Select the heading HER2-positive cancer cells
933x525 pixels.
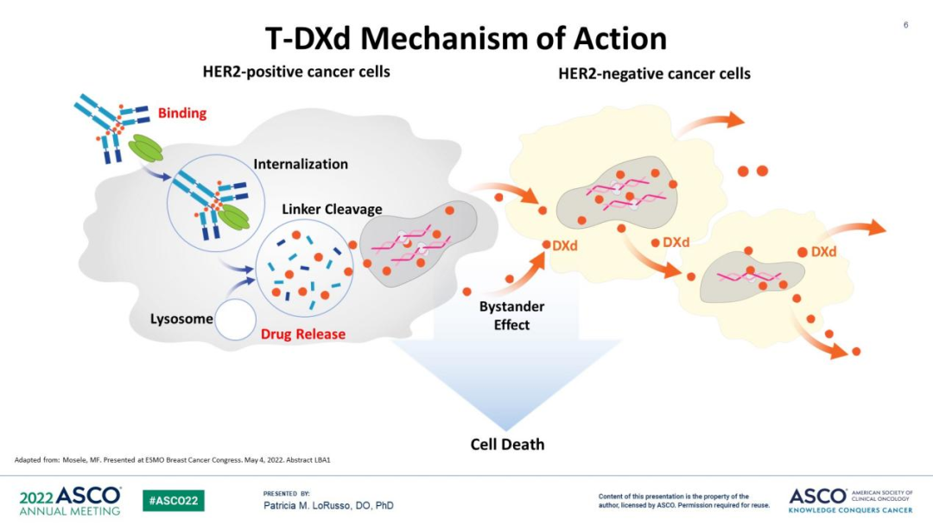tap(296, 72)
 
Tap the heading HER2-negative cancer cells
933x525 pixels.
tap(654, 74)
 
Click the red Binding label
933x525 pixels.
tap(182, 113)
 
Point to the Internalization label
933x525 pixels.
tap(301, 164)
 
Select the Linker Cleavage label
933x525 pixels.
tap(332, 210)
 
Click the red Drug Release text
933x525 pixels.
tap(302, 334)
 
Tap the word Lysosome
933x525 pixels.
tap(181, 319)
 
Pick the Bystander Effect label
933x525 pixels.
tap(512, 316)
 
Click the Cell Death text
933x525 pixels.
tap(507, 445)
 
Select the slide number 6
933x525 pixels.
tap(905, 25)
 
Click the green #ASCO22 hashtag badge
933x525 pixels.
tap(174, 500)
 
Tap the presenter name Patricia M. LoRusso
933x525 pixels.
tap(328, 505)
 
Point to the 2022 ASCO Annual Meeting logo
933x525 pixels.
tap(70, 500)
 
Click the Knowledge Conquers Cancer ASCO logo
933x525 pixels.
tap(850, 500)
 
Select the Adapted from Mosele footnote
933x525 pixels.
tap(173, 459)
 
